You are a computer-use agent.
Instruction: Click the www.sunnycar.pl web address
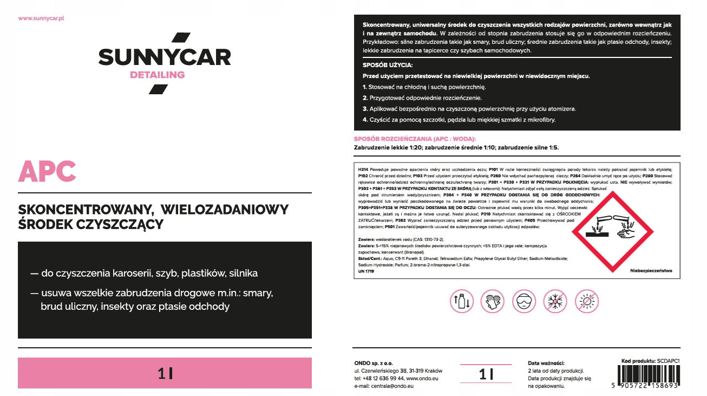42,18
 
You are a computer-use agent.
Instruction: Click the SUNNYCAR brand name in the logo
165,57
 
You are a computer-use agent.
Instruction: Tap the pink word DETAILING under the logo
157,75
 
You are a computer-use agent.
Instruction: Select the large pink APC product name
47,172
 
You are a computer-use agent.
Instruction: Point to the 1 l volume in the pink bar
165,373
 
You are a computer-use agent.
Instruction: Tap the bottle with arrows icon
462,301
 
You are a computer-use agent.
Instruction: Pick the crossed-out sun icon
586,301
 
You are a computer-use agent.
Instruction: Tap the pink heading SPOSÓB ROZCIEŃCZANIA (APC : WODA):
415,139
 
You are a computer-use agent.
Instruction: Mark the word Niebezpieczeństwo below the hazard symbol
651,271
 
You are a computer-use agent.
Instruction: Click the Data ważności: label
546,363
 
